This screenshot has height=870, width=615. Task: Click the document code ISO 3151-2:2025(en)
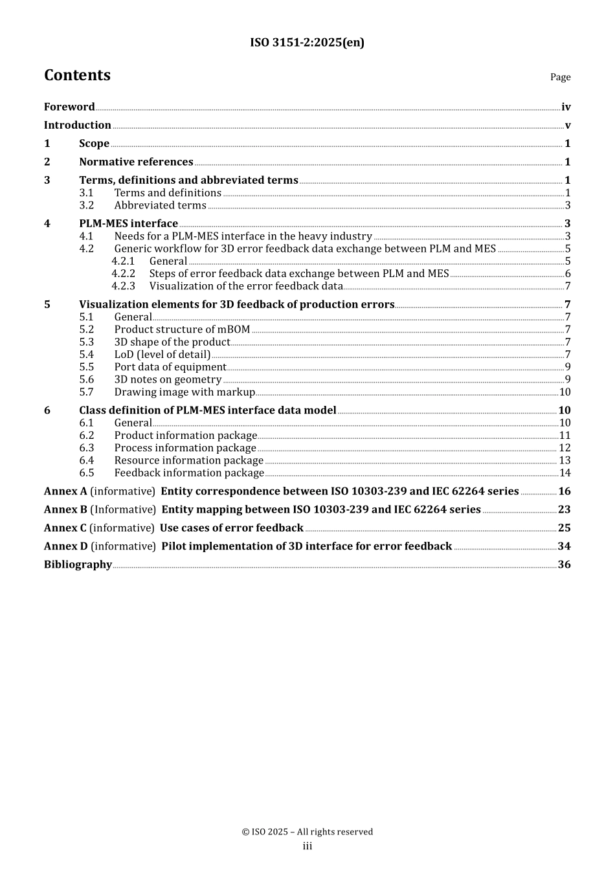click(307, 43)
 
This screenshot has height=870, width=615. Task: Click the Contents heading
click(77, 75)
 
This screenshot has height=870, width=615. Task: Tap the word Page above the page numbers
click(560, 77)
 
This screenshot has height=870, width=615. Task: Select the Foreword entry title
click(69, 107)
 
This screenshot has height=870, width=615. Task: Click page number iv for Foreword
click(566, 107)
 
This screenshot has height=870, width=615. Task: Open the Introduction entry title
click(78, 125)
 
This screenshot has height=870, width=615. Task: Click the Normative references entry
click(136, 162)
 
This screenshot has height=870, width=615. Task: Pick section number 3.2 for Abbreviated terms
click(86, 205)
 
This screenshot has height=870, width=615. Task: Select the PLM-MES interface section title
click(128, 223)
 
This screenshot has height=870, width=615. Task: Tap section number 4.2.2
click(123, 273)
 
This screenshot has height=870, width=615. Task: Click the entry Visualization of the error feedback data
click(246, 285)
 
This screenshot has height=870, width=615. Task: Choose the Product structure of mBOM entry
click(182, 329)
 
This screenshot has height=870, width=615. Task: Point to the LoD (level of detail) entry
click(162, 354)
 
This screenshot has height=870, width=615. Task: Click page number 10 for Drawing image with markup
click(565, 392)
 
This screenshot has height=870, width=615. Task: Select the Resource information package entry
click(189, 460)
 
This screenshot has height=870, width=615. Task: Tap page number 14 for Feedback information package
click(565, 473)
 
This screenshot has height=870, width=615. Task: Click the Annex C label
click(65, 528)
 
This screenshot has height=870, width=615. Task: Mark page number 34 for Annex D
click(564, 546)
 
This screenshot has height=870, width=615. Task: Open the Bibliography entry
click(78, 564)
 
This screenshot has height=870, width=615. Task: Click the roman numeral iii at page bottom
click(307, 846)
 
